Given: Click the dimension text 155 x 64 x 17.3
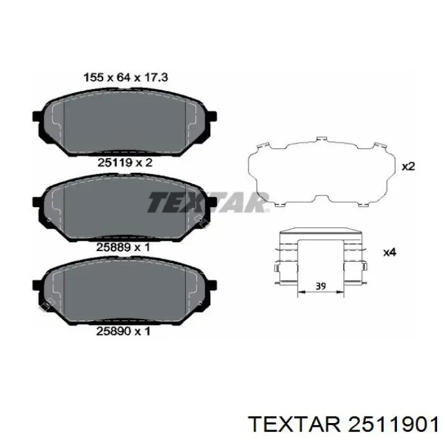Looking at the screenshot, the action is (x=126, y=77).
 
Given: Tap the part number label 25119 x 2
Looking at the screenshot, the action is (x=125, y=162).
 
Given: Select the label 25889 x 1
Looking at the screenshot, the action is (x=123, y=247).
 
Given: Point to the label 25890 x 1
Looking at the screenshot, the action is (x=123, y=331).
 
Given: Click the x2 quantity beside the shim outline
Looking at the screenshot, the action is (x=408, y=166).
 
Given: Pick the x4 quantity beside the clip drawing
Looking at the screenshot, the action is (x=390, y=252).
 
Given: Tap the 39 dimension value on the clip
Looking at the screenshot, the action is (x=320, y=286).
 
